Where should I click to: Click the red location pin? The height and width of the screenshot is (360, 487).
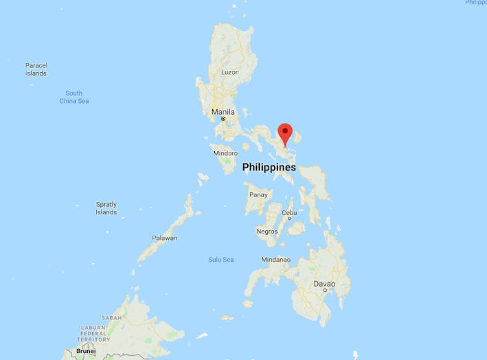click(x=285, y=132)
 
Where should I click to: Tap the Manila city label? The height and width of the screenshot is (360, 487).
click(x=223, y=112)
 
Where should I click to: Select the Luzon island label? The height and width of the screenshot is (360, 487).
click(x=230, y=72)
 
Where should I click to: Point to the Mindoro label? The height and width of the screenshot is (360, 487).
click(x=225, y=153)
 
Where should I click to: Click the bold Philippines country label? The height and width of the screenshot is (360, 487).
click(x=269, y=167)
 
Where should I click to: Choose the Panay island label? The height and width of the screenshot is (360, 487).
click(x=258, y=195)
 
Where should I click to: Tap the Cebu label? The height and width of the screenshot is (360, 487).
click(x=289, y=213)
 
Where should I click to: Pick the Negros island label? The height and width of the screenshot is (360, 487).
click(x=267, y=232)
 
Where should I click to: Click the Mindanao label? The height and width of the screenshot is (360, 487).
click(x=275, y=260)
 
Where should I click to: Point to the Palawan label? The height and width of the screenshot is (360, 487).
click(x=165, y=238)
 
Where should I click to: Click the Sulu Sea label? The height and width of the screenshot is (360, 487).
click(x=221, y=259)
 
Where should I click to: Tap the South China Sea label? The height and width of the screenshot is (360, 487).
click(x=73, y=97)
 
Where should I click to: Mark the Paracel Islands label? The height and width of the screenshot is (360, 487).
click(x=36, y=69)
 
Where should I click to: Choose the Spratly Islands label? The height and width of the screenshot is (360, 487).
click(x=106, y=208)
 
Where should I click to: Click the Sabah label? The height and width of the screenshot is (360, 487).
click(x=112, y=318)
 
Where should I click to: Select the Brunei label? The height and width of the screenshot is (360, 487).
click(x=86, y=351)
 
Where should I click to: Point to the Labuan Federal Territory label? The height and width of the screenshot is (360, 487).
click(x=93, y=333)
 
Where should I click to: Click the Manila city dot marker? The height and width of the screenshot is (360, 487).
click(x=223, y=119)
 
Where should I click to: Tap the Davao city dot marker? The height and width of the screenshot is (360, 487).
click(x=324, y=291)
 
